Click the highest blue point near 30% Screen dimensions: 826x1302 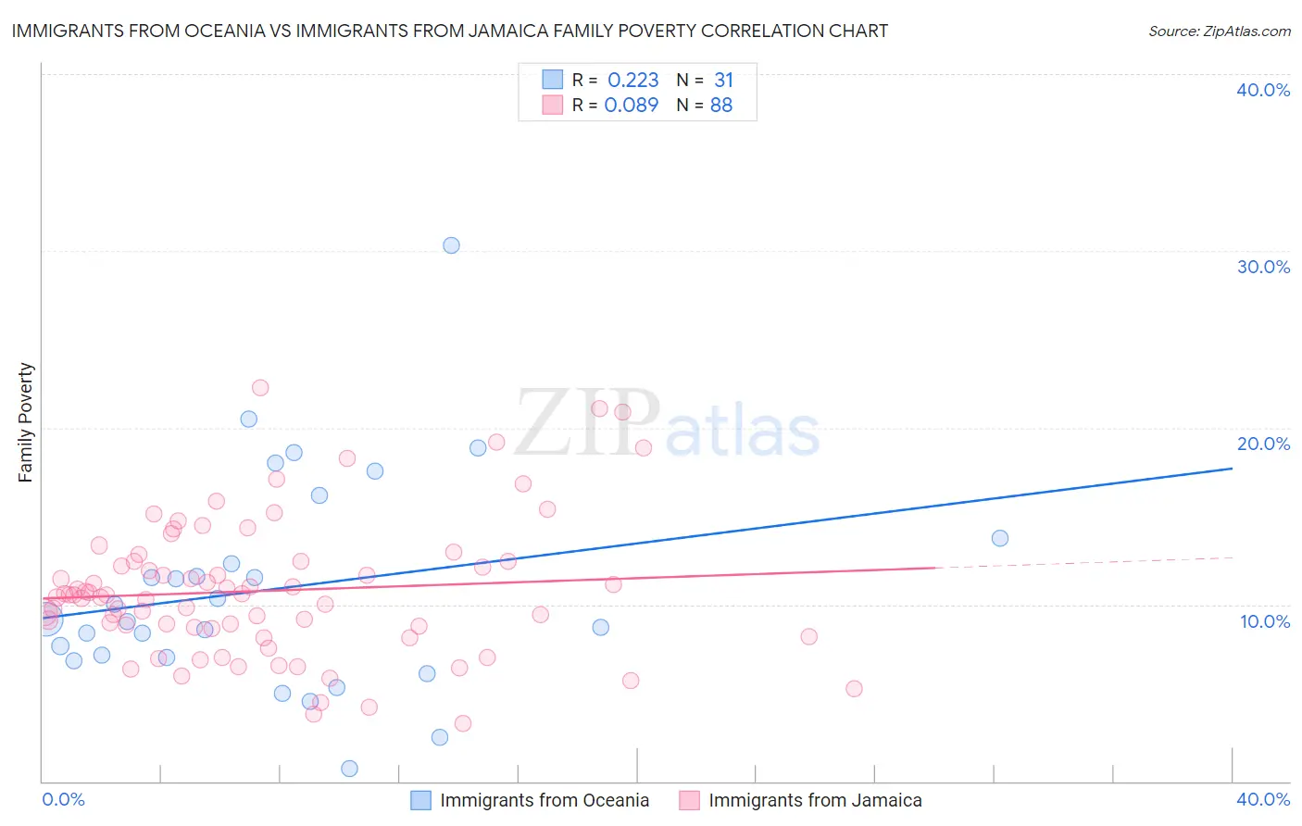[451, 245]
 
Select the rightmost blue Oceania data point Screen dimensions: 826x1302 [1000, 538]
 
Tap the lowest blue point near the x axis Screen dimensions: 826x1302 [349, 769]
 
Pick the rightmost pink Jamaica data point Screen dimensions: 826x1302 [854, 689]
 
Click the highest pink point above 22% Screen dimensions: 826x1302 [260, 388]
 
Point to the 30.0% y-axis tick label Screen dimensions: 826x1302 [1263, 267]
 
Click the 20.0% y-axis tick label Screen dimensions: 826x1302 [1263, 444]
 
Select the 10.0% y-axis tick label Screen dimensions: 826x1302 [1265, 621]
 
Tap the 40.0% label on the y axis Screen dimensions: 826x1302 [1263, 90]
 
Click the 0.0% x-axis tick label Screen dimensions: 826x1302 [63, 799]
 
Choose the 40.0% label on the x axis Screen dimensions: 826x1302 [1263, 799]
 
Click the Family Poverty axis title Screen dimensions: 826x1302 [26, 422]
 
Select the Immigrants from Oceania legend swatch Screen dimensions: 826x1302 [420, 800]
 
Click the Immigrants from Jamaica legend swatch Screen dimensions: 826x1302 [689, 800]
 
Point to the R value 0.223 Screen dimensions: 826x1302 [632, 81]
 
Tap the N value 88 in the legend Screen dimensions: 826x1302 [721, 106]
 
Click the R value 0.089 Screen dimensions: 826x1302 [632, 106]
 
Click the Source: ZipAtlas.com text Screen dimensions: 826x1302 [1219, 31]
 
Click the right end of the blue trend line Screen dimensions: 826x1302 [1232, 469]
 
